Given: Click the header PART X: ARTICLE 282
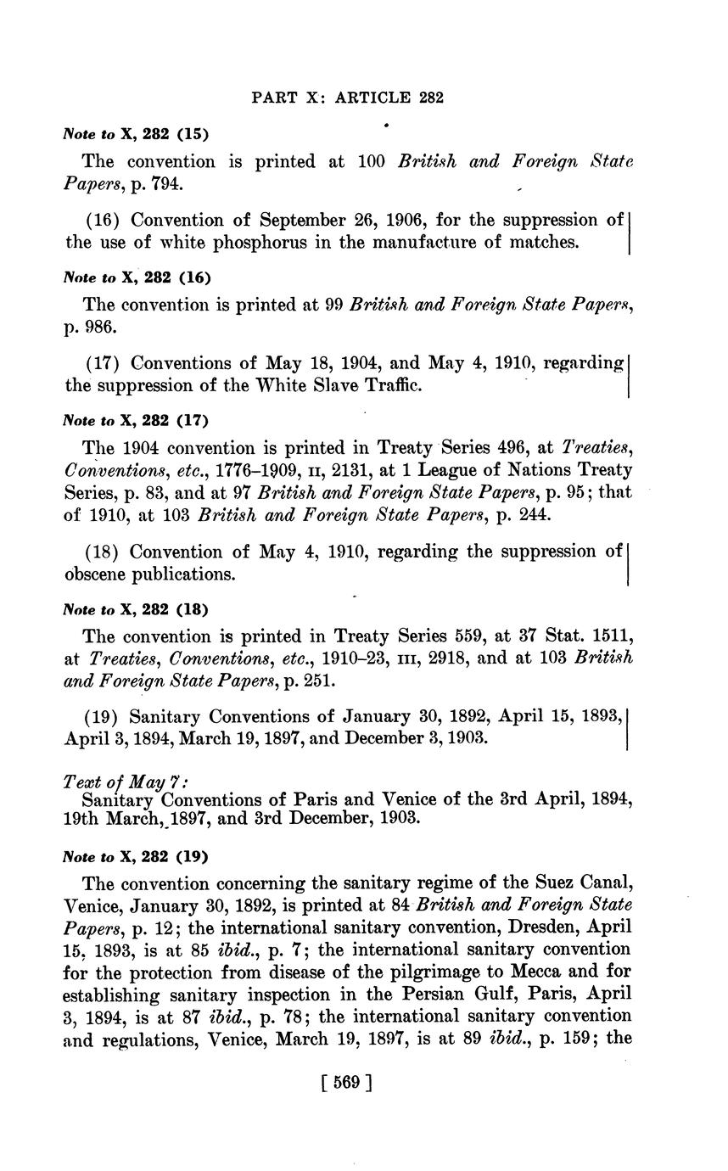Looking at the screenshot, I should click(347, 98).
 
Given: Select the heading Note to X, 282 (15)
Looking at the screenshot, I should click(136, 134).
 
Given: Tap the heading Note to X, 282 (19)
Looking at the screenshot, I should click(136, 856).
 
